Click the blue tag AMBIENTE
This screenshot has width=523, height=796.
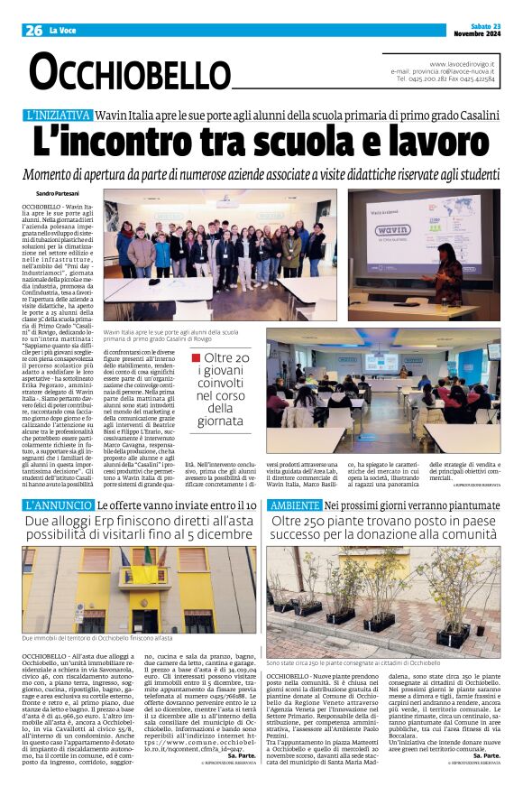[x=294, y=505]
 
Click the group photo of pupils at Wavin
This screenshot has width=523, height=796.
[x=220, y=244]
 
